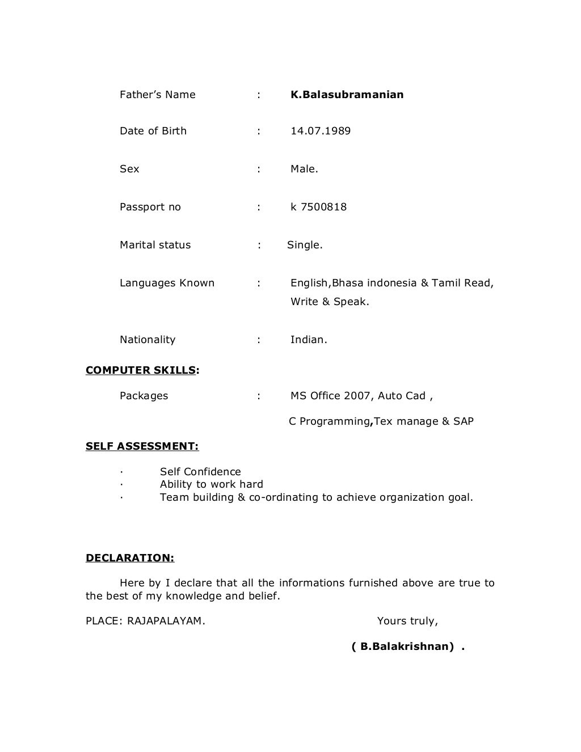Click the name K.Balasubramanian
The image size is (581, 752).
[x=347, y=95]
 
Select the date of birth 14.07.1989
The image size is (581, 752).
[x=321, y=131]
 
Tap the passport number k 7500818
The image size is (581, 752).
[x=318, y=207]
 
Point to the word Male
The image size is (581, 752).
[x=304, y=169]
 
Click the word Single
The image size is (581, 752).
[x=305, y=245]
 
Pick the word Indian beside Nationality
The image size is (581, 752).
[x=308, y=340]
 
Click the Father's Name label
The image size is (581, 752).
[x=157, y=95]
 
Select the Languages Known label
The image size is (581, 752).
[x=167, y=283]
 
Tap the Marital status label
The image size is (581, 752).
[x=155, y=245]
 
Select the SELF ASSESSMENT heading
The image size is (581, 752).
[x=142, y=446]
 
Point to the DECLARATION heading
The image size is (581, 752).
[x=130, y=557]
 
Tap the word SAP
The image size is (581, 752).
[x=463, y=421]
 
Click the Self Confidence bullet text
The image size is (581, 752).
[x=200, y=472]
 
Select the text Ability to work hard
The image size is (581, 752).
[x=211, y=484]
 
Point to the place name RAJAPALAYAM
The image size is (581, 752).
[x=166, y=621]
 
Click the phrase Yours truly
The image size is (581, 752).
[x=407, y=621]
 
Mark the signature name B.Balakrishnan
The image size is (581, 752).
[x=407, y=647]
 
